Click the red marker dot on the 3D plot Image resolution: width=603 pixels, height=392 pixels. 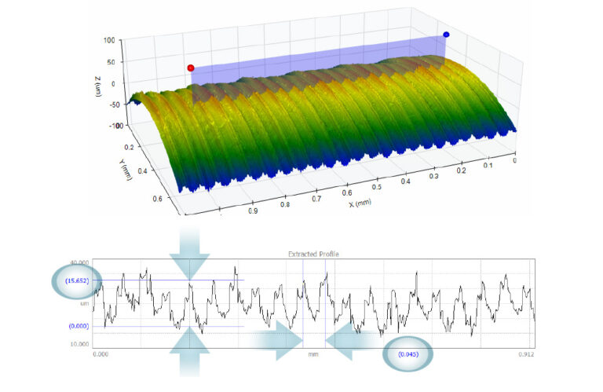click(x=191, y=68)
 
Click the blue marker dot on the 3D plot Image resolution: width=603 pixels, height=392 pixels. click(x=446, y=35)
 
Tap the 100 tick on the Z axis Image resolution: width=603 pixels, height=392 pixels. click(x=109, y=39)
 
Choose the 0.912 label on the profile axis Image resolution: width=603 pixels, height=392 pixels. click(x=528, y=354)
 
